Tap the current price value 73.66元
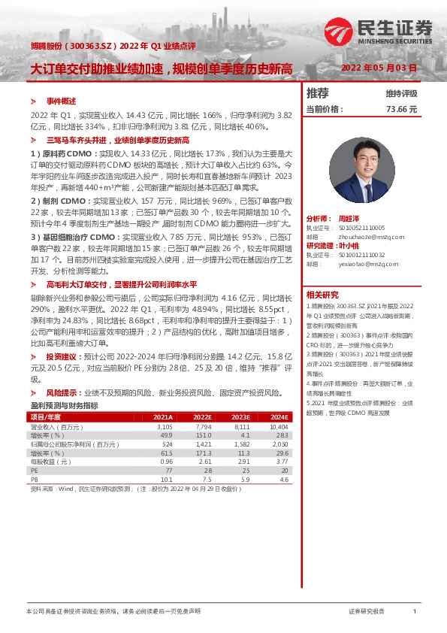pyautogui.click(x=401, y=110)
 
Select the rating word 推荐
pyautogui.click(x=318, y=93)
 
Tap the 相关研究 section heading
pyautogui.click(x=322, y=295)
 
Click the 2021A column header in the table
pyautogui.click(x=163, y=416)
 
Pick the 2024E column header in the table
pyautogui.click(x=279, y=416)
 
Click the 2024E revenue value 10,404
pyautogui.click(x=278, y=426)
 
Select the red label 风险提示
pyautogui.click(x=63, y=393)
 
